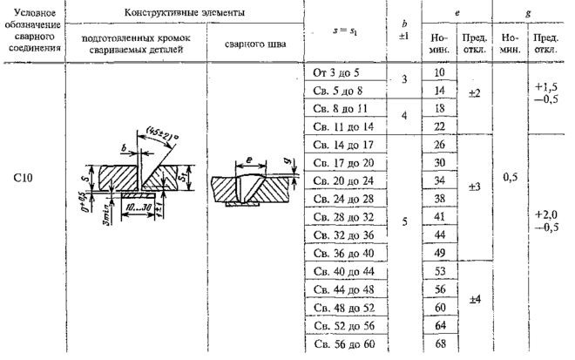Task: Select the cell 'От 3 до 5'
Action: point(334,73)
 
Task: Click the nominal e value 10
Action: point(439,73)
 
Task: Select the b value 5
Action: point(403,221)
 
